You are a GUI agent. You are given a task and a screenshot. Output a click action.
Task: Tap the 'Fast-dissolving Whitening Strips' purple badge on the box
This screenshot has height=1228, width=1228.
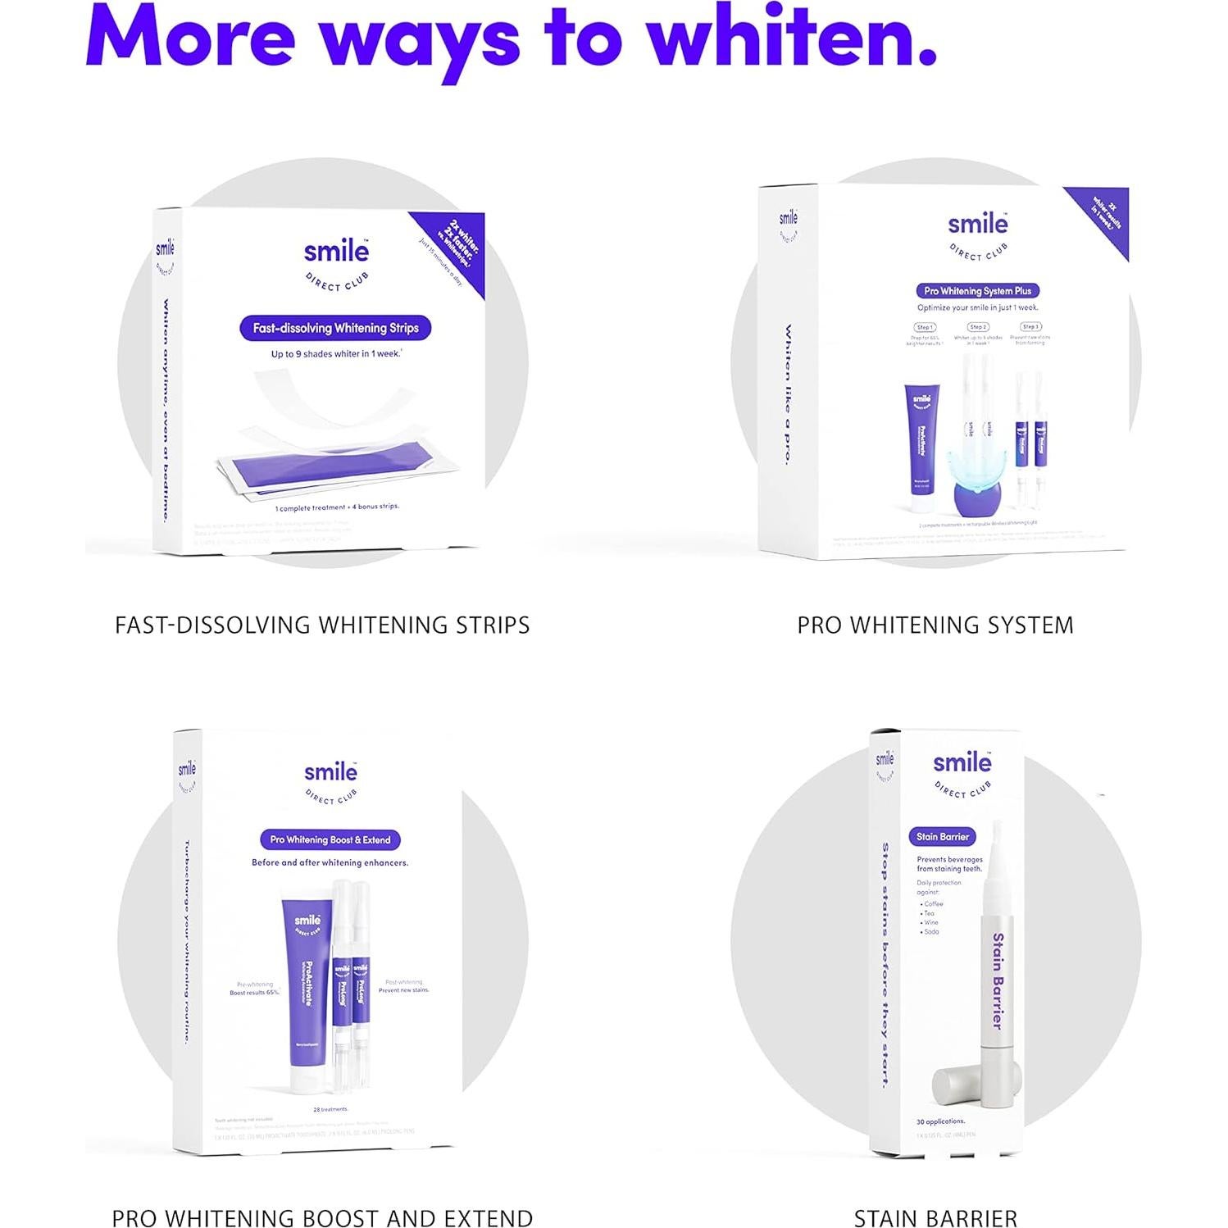[x=335, y=328]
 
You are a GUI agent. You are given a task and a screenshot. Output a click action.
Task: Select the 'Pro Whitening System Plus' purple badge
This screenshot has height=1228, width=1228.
[x=977, y=291]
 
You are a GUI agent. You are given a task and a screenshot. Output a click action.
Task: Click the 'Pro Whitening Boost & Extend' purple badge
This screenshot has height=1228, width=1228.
[x=330, y=839]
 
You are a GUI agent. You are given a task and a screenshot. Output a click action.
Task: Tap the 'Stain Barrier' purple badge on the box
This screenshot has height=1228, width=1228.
[x=942, y=837]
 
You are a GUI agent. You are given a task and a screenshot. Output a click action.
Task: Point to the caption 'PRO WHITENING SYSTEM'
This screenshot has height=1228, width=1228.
[x=935, y=625]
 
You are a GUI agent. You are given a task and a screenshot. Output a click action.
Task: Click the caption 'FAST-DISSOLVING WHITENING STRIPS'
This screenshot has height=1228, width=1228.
[x=322, y=625]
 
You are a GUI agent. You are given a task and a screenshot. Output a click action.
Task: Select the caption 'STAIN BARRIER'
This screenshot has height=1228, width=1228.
[x=935, y=1218]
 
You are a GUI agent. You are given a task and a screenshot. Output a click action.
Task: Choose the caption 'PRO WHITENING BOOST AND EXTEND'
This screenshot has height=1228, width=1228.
[x=322, y=1218]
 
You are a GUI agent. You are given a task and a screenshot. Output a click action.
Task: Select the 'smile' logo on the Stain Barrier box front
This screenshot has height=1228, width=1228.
[x=962, y=762]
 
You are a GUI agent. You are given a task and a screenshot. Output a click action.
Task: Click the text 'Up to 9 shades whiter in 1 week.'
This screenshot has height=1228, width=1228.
[x=336, y=354]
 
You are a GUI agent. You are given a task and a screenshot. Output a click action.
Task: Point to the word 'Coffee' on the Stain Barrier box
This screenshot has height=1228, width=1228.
[x=933, y=903]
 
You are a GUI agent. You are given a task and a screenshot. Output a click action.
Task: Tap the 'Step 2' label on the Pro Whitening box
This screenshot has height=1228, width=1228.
[x=977, y=327]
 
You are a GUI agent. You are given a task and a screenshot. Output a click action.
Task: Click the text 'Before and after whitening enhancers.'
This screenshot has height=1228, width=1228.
[x=330, y=862]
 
